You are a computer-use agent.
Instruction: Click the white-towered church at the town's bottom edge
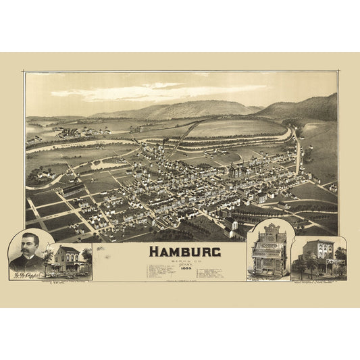(x=234, y=227)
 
